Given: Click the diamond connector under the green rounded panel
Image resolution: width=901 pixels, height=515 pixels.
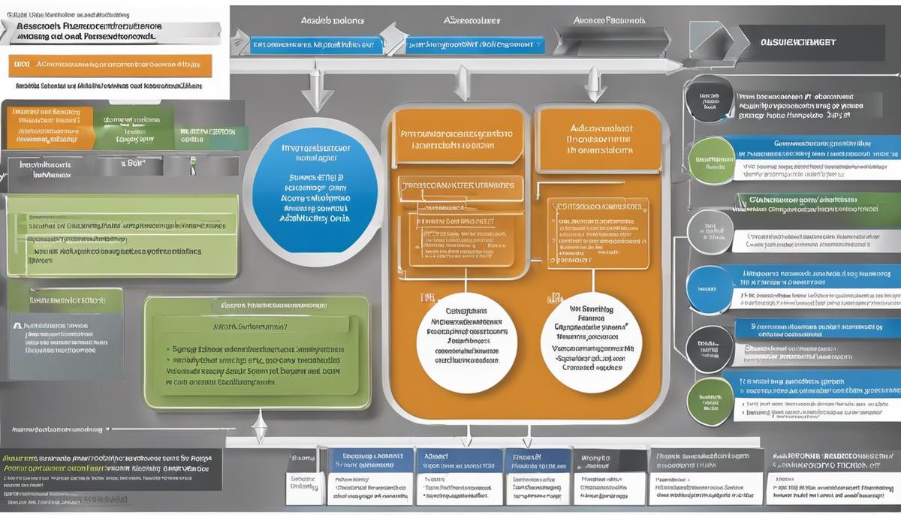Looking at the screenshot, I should coord(259,431).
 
